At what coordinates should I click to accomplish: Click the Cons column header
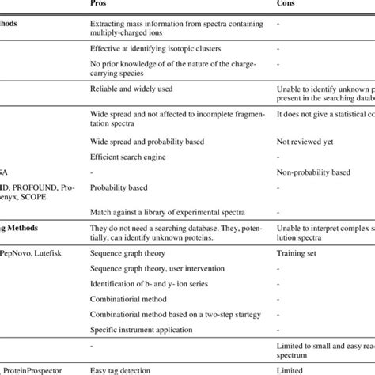tap(287, 5)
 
